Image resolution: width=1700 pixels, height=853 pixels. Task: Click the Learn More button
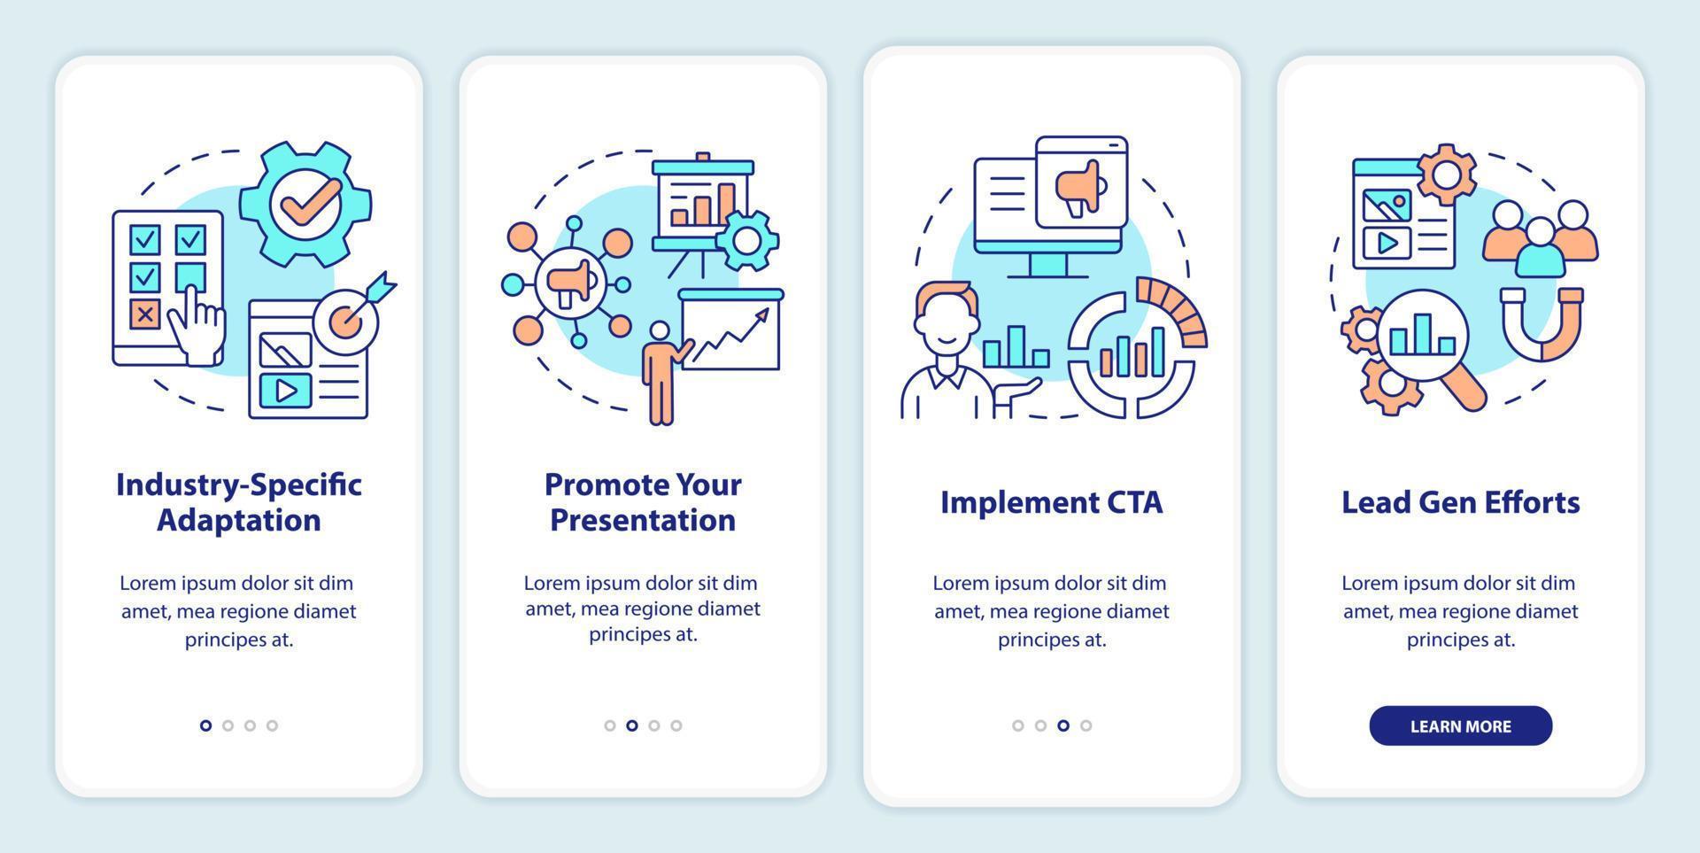pos(1460,725)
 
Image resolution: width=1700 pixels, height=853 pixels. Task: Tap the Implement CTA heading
pos(1051,502)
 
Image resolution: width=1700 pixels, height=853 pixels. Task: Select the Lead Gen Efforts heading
pos(1460,502)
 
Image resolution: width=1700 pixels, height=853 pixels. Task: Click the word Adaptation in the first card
pos(239,520)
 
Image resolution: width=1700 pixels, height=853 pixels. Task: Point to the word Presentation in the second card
pos(643,520)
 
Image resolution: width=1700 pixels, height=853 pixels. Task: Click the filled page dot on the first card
pos(205,725)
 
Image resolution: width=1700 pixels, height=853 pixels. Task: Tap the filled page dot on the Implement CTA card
pos(1062,725)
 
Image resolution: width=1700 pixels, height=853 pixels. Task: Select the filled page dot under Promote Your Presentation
pos(631,725)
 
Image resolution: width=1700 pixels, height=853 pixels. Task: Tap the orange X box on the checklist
pos(145,314)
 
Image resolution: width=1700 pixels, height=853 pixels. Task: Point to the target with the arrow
pos(350,314)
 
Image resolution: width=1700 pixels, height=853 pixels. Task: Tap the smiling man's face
pos(946,320)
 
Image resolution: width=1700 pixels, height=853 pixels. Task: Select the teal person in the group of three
pos(1540,247)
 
